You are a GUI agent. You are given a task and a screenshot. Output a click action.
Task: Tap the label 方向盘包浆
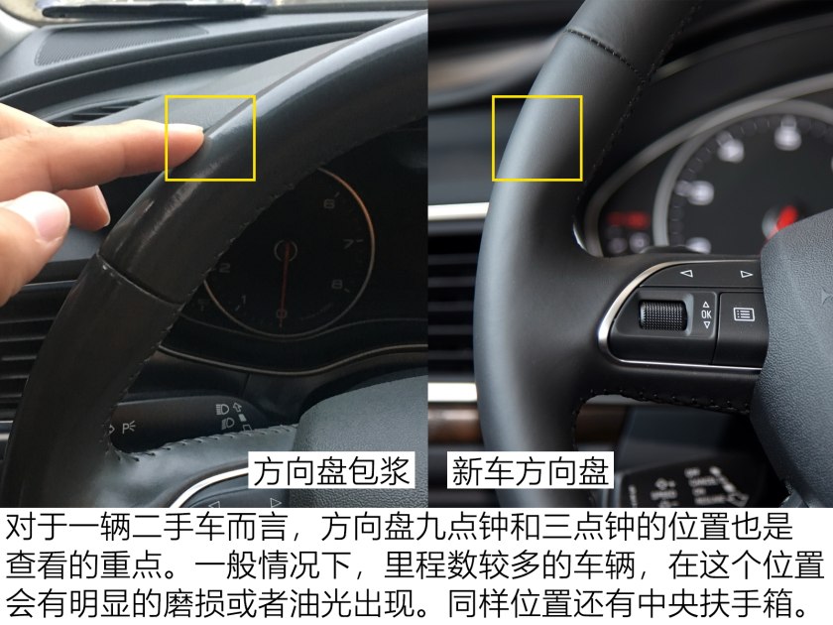click(331, 470)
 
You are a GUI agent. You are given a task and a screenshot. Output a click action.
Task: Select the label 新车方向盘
click(531, 470)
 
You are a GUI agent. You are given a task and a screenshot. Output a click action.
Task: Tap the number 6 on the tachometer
click(329, 204)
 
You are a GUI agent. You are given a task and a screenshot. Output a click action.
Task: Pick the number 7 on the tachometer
click(348, 244)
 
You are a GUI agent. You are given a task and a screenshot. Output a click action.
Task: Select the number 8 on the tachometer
click(337, 285)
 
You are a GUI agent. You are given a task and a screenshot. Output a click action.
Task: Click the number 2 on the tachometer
click(224, 267)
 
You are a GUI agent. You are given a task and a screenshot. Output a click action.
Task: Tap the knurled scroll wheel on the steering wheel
click(662, 315)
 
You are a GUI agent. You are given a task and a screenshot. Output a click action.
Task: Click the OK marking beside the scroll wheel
click(706, 314)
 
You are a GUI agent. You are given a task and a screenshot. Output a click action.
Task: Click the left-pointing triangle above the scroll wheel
click(686, 273)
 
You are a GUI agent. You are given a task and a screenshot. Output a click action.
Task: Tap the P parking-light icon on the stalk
click(129, 427)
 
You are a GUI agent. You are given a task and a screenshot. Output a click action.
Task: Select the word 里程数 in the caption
click(429, 565)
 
